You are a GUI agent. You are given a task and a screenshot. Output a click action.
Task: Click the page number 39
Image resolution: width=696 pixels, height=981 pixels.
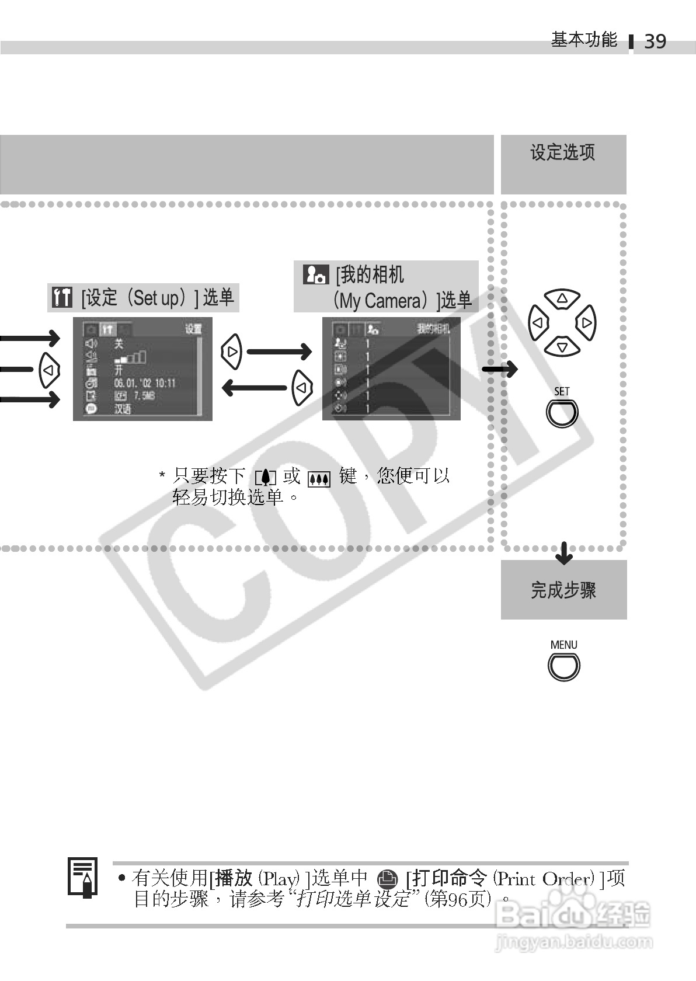tap(655, 41)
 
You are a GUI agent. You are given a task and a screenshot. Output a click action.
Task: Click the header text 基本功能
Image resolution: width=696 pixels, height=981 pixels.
tap(584, 40)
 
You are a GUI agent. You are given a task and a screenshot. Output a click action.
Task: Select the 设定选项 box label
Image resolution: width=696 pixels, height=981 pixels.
tap(562, 153)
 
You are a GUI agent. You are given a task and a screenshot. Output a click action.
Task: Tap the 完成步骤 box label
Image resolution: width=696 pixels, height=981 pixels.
tap(563, 590)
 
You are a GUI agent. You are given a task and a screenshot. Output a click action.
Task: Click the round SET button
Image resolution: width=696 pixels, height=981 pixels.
tap(562, 413)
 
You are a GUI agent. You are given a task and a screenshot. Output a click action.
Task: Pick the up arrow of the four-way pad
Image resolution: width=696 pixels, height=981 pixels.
tap(562, 299)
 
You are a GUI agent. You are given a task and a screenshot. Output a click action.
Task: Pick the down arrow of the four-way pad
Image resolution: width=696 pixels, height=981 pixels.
tap(562, 347)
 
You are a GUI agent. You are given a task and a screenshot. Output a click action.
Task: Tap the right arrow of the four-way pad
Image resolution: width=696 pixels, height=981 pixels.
tap(586, 323)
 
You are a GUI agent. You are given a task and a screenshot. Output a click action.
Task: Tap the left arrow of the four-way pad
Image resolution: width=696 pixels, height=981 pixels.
tap(538, 323)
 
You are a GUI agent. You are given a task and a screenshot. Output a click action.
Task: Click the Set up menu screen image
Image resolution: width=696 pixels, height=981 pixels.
tap(142, 369)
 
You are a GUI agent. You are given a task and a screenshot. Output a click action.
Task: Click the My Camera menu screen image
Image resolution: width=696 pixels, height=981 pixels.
tap(391, 369)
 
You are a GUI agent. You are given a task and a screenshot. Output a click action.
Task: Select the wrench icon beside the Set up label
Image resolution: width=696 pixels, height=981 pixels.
tap(61, 298)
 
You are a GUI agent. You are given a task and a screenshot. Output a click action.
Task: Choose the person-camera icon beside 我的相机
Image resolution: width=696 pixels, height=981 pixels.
tap(316, 274)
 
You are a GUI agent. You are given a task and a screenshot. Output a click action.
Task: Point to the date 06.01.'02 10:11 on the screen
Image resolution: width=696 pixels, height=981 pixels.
tap(145, 383)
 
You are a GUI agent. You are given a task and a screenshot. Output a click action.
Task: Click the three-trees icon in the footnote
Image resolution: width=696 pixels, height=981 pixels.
tap(319, 479)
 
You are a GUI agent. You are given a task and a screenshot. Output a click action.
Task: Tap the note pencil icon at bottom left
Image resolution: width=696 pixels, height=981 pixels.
tap(83, 877)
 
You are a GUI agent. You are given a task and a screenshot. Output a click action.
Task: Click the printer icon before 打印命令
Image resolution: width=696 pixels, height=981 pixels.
tap(387, 879)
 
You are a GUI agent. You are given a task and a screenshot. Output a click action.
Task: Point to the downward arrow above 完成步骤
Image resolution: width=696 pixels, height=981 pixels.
tap(563, 552)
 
